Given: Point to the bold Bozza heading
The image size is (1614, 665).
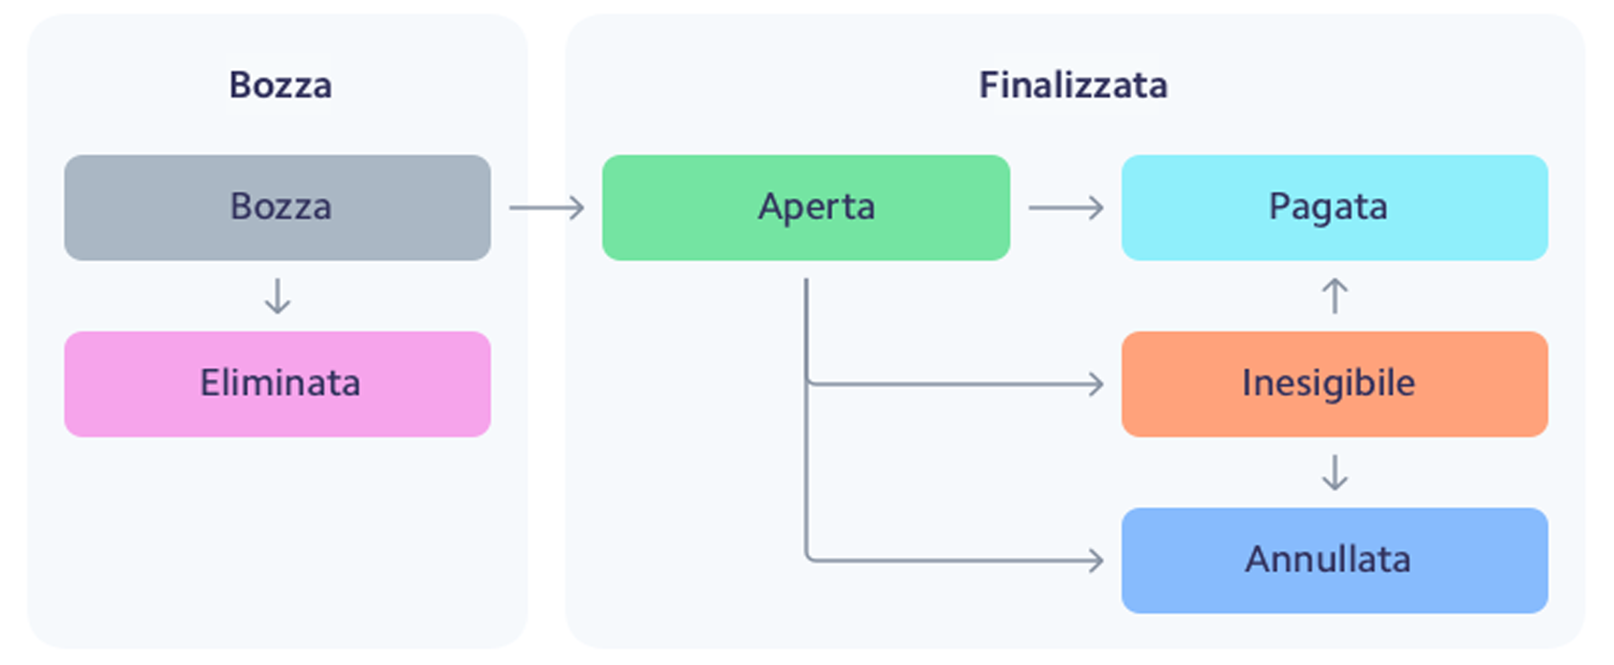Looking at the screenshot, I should (280, 85).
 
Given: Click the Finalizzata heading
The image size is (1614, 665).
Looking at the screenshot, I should (1073, 85).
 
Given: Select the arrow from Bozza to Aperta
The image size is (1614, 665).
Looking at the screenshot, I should (547, 208).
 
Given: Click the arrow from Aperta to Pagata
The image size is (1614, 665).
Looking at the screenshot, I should (1065, 208).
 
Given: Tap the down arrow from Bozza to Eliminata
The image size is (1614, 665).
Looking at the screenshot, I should (278, 296).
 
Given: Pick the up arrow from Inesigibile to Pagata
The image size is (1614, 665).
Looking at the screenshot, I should (1334, 296).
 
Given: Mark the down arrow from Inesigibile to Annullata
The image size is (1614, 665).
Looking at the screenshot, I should (1334, 472).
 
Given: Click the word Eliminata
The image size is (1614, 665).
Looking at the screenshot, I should (280, 383).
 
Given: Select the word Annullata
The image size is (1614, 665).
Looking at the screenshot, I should (1328, 560).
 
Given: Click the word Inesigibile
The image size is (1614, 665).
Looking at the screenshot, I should (1328, 383).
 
